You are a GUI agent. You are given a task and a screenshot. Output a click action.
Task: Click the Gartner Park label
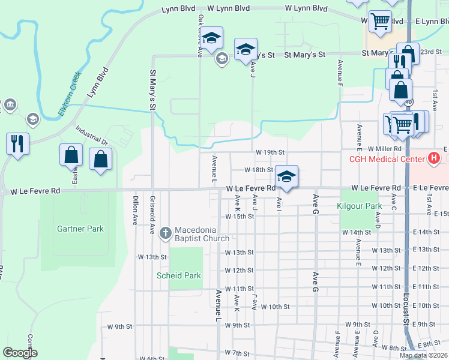[x=80, y=229]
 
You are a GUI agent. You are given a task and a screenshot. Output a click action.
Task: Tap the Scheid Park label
[x=179, y=275]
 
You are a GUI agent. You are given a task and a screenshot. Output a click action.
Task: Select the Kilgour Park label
[x=360, y=206]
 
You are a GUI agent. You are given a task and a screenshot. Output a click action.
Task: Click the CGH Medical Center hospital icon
[x=433, y=159]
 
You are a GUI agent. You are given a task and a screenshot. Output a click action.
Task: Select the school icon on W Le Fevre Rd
[x=287, y=176]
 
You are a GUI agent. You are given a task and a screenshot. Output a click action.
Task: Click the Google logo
[x=20, y=353]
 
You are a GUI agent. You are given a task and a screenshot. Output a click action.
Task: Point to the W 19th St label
[x=270, y=153]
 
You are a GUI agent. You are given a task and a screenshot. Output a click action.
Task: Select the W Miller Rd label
[x=384, y=148]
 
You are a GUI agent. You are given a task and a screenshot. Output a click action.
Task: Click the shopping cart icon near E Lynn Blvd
[x=380, y=21]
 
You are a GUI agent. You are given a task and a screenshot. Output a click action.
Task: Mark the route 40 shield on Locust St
[x=408, y=103]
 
